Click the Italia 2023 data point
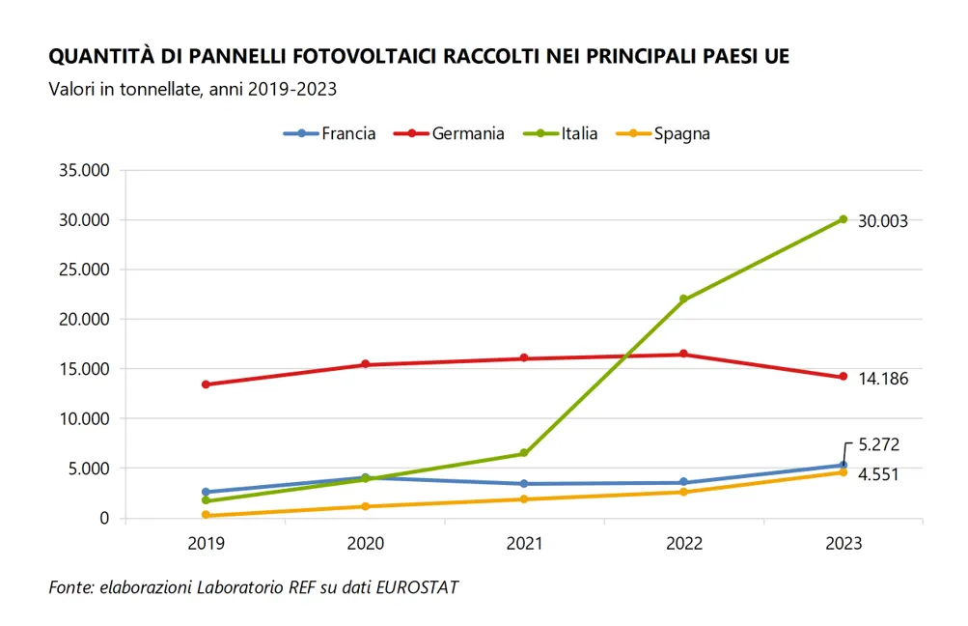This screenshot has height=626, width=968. (x=844, y=219)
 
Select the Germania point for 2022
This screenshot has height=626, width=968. (x=683, y=355)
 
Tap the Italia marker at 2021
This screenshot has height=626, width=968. (x=524, y=453)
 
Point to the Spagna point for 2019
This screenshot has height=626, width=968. (x=206, y=515)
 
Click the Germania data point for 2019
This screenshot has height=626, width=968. (x=206, y=384)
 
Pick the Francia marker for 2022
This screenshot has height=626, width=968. (x=683, y=482)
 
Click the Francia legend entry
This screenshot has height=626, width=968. (x=329, y=133)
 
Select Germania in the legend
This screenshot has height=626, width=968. (x=449, y=133)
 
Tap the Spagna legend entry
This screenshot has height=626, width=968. (x=663, y=134)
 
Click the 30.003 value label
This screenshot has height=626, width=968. (x=883, y=221)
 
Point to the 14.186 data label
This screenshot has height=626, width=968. (x=883, y=379)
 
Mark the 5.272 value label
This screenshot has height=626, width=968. (x=879, y=445)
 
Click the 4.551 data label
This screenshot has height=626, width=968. (x=878, y=474)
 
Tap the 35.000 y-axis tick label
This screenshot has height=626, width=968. (x=84, y=171)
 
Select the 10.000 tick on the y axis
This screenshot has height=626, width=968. (x=84, y=419)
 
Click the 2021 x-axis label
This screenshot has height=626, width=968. (x=524, y=543)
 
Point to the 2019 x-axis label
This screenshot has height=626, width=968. (x=206, y=543)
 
